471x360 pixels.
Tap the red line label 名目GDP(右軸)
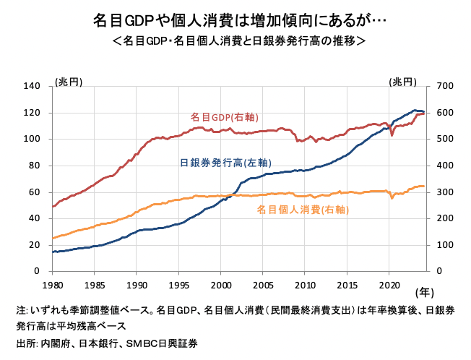pyautogui.click(x=225, y=116)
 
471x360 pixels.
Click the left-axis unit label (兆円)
pyautogui.click(x=69, y=82)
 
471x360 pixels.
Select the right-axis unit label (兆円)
pyautogui.click(x=402, y=82)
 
